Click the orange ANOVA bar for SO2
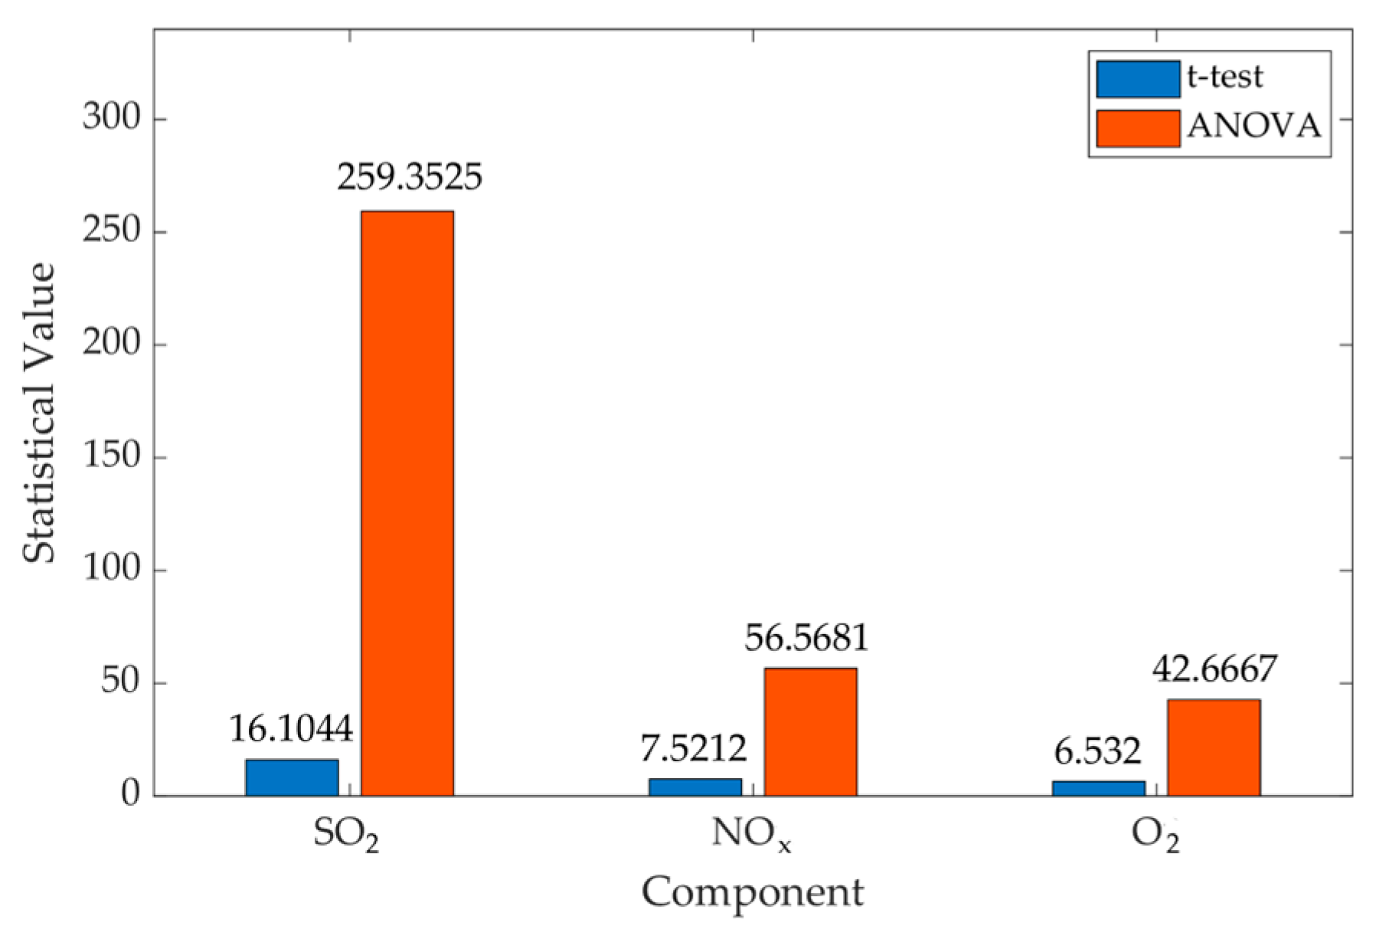click(x=407, y=503)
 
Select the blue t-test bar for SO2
click(x=292, y=777)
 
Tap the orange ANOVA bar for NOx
click(x=810, y=731)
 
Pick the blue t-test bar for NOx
click(x=695, y=787)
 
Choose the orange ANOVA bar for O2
click(x=1214, y=747)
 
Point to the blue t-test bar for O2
click(x=1098, y=788)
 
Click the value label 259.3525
click(x=410, y=177)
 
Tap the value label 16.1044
click(x=291, y=728)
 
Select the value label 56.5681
click(x=807, y=637)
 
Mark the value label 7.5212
click(x=694, y=748)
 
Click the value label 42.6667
click(x=1214, y=669)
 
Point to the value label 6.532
click(x=1097, y=751)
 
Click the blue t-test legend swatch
click(x=1137, y=79)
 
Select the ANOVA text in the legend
click(x=1254, y=126)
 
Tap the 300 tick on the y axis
click(x=113, y=118)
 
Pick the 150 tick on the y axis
click(x=113, y=456)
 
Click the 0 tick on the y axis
click(x=131, y=794)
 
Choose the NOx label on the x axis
click(x=751, y=834)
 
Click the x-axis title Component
click(x=752, y=892)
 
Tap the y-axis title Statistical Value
click(x=40, y=413)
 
